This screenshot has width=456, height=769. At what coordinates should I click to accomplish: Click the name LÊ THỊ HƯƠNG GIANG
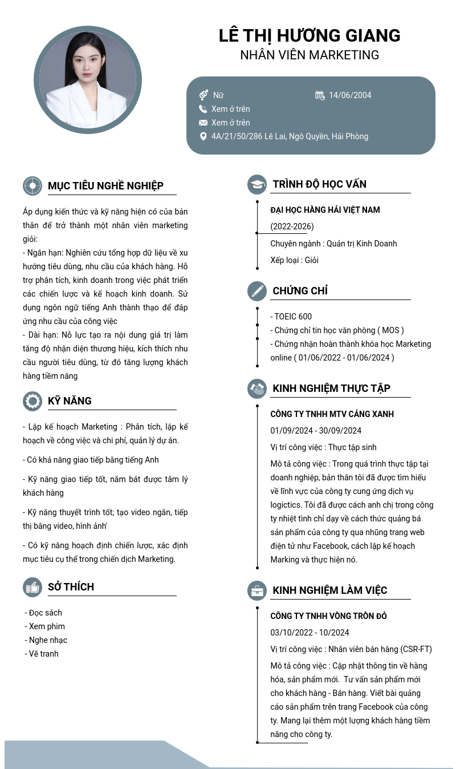310,35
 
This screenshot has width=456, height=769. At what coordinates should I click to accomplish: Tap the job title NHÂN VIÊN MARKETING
310,55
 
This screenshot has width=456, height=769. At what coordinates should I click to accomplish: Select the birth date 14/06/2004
350,95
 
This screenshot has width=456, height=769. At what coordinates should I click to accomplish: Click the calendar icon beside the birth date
320,95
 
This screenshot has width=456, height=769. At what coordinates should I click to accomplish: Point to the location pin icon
203,136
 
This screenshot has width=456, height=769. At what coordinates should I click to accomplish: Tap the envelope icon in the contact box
203,123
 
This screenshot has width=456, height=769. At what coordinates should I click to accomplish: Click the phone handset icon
203,109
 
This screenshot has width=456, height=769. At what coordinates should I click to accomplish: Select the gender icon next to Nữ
203,95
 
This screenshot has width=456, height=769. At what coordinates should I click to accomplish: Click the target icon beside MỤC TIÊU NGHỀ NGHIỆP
32,186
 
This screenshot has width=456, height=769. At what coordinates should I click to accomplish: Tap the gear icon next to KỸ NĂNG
32,401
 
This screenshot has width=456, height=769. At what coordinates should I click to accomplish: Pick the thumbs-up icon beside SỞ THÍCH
32,587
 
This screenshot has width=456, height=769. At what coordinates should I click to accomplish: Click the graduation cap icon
257,184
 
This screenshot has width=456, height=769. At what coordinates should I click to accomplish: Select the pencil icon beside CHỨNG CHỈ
257,291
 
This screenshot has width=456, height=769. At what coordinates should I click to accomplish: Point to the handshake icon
257,388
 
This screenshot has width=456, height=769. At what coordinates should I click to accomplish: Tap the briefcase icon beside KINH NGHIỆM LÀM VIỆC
257,590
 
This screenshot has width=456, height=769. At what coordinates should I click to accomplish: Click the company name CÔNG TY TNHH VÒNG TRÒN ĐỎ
328,616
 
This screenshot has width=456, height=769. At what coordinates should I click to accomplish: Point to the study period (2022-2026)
292,226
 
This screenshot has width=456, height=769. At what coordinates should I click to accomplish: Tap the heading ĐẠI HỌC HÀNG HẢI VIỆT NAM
325,210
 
